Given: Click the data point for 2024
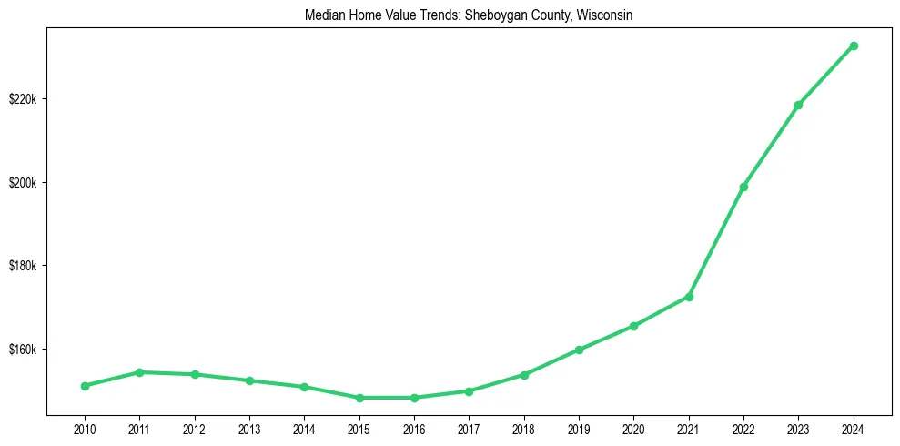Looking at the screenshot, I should click(854, 46).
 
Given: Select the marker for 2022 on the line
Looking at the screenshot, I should click(743, 187).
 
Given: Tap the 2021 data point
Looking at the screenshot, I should click(689, 297).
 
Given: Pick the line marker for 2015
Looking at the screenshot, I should click(359, 398).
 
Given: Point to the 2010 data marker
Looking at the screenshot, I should click(85, 386).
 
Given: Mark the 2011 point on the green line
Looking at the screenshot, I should click(139, 372).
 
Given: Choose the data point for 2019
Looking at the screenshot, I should click(579, 350).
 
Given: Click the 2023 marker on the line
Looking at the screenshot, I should click(798, 105).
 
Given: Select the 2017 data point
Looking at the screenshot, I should click(469, 391).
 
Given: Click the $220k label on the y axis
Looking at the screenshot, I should click(22, 98).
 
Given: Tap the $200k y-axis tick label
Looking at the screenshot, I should click(22, 182).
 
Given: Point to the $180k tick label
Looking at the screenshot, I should click(22, 266).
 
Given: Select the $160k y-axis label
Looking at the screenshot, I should click(22, 350).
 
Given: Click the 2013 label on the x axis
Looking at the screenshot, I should click(249, 428).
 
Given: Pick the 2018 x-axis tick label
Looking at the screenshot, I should click(524, 428).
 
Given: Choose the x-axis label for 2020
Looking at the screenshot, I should click(633, 428).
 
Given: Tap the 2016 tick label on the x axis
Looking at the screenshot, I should click(414, 428).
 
